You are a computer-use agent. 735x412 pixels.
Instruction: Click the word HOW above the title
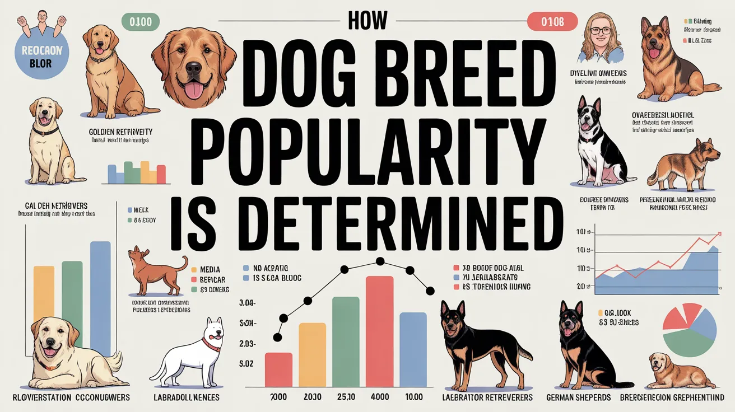coord(367,21)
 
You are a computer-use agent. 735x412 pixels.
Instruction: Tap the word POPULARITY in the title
coord(367,147)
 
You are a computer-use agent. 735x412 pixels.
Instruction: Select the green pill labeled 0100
coord(137,22)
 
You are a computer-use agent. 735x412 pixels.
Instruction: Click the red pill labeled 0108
coord(552,22)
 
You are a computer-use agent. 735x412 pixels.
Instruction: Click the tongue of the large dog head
coord(194,90)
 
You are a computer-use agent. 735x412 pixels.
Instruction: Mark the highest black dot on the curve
coord(380,261)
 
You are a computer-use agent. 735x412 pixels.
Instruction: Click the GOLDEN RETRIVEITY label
coord(120,132)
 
